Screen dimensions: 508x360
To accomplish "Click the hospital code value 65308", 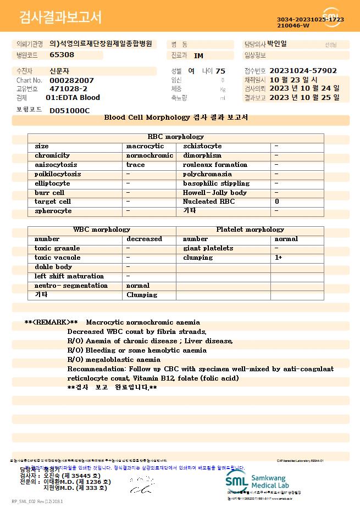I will (62, 55).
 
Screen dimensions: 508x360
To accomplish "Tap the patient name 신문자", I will (60, 71).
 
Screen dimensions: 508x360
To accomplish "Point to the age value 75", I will (220, 71).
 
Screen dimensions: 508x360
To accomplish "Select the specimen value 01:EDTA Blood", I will (73, 98).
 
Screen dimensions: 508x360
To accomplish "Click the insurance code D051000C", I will (69, 110).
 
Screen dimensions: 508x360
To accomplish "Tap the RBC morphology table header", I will (176, 137).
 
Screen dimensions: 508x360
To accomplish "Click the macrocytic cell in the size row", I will (145, 146).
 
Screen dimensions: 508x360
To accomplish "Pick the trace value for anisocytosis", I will (136, 165).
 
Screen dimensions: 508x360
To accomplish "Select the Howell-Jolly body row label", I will (215, 193).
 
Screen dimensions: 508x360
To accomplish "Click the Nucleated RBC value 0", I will (277, 202).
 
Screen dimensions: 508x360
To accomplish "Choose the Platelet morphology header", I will (250, 230).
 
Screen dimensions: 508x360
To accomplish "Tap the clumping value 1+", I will (279, 258).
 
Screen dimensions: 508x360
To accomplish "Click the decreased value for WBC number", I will (144, 239).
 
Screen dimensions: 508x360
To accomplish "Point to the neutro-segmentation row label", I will (71, 286).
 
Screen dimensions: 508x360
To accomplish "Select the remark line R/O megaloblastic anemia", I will (114, 359).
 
